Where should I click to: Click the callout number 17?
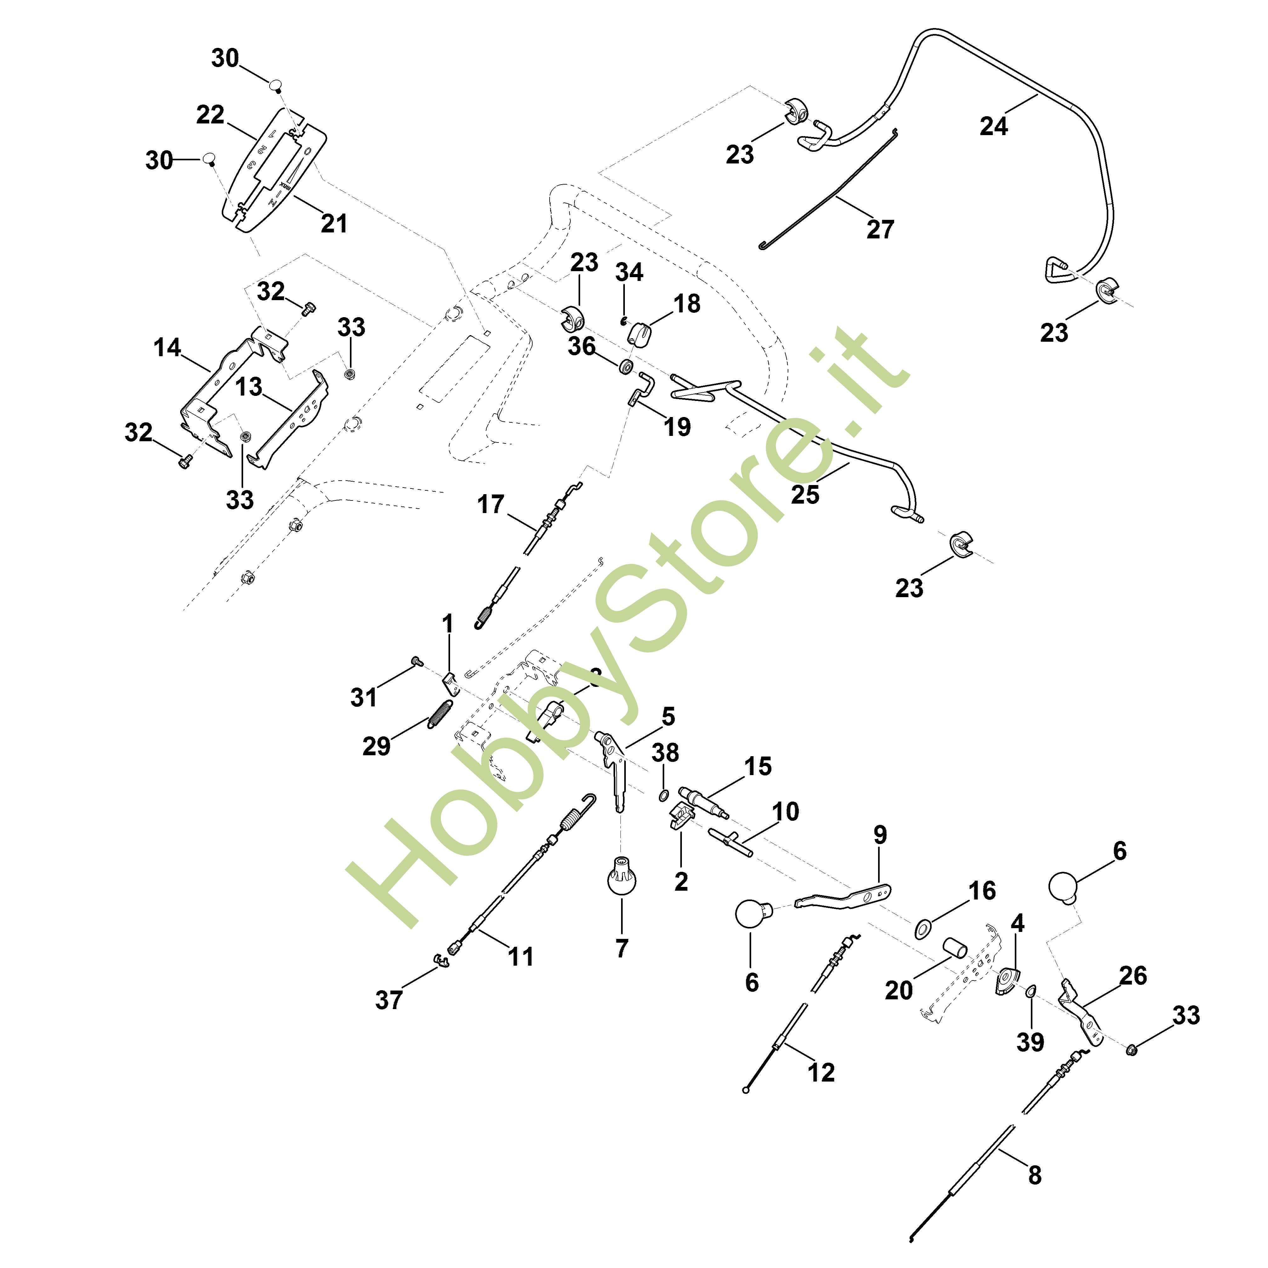coord(490,504)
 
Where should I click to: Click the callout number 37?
coord(389,1000)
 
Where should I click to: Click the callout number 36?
coord(581,346)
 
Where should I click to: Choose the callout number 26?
coord(1133,975)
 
